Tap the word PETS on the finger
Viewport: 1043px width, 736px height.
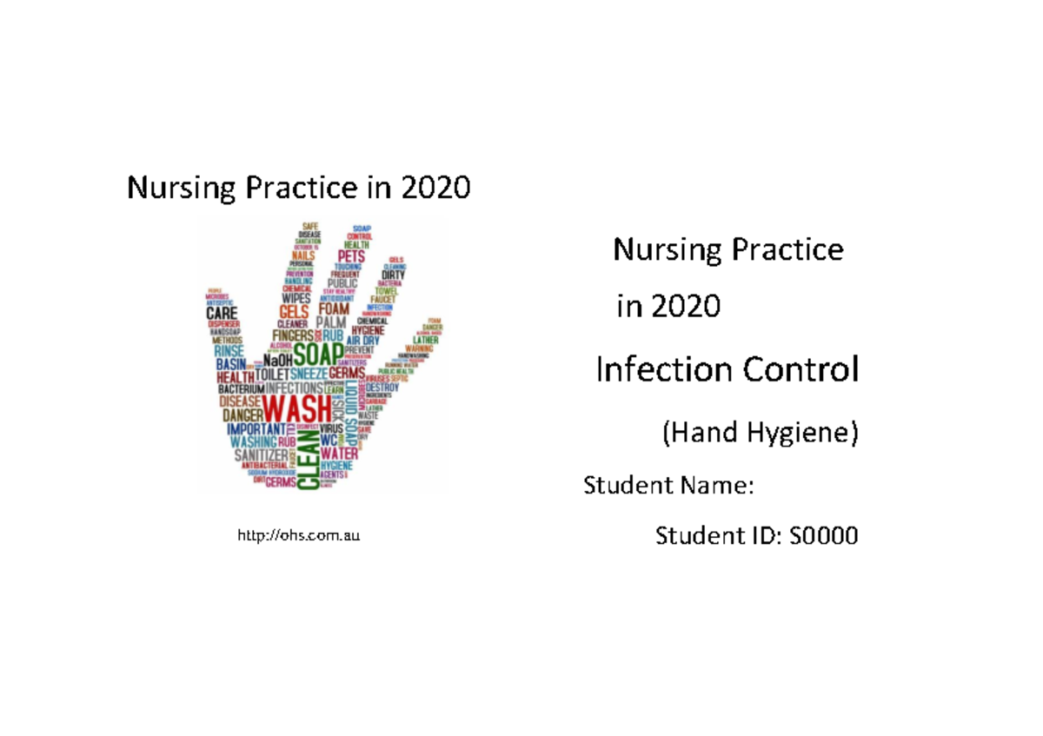(351, 257)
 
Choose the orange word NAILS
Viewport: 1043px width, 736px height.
(303, 255)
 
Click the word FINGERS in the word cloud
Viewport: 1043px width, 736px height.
(293, 335)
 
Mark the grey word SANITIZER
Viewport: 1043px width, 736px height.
(258, 455)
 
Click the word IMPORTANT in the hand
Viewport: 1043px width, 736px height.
(256, 429)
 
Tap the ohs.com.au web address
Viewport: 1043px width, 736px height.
(298, 536)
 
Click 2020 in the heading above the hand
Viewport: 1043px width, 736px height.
(435, 187)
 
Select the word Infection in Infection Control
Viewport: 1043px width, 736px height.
(664, 371)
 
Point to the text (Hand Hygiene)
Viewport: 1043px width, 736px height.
(760, 433)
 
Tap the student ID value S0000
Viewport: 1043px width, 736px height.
(822, 536)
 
